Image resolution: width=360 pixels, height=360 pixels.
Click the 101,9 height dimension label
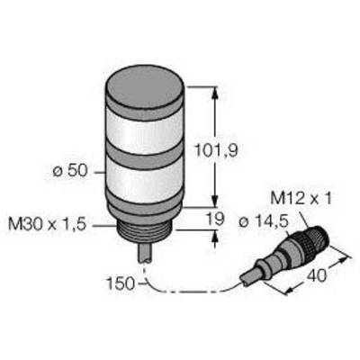[x=216, y=150]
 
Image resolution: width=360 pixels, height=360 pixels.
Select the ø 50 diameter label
[x=70, y=171]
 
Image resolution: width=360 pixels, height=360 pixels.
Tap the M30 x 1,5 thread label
[x=47, y=224]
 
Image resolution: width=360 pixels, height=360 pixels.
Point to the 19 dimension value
[x=216, y=219]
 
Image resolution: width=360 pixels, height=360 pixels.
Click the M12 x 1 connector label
[x=301, y=198]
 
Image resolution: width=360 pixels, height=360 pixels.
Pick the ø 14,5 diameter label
[x=264, y=222]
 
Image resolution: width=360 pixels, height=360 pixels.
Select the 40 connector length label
[x=316, y=275]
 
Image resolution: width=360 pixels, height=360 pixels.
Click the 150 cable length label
[x=121, y=283]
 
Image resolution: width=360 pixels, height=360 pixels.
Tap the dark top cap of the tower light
[x=145, y=88]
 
